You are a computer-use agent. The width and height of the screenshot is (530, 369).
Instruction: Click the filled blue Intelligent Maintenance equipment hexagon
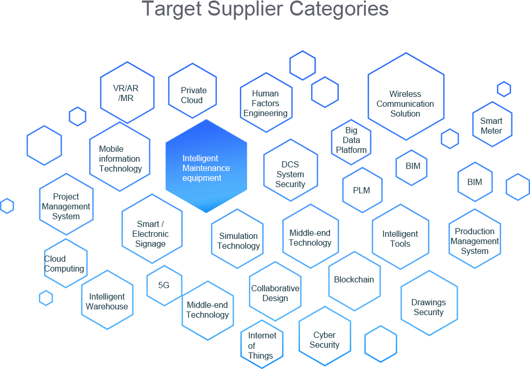tap(206, 167)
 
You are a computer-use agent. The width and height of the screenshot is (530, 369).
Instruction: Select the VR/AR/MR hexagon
tap(127, 93)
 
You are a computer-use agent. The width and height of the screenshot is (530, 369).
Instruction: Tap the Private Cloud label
tap(193, 95)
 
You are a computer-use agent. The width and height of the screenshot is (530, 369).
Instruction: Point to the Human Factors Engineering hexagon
tap(266, 103)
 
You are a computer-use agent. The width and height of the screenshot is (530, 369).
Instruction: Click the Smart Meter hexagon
tap(492, 125)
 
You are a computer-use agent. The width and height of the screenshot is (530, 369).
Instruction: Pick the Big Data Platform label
tap(351, 140)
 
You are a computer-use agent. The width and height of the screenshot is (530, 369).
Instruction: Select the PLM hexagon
tap(362, 190)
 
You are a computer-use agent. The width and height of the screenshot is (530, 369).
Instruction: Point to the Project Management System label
tap(66, 206)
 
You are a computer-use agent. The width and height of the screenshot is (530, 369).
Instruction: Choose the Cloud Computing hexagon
tap(65, 263)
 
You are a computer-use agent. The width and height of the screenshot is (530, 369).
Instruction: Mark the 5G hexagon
tap(164, 285)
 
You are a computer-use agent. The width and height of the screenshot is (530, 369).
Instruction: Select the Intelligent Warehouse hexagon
tap(107, 301)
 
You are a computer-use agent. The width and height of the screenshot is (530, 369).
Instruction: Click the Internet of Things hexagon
tap(262, 345)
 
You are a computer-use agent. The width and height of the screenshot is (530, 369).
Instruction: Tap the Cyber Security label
tap(324, 340)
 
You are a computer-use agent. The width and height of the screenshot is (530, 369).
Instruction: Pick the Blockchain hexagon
tap(354, 280)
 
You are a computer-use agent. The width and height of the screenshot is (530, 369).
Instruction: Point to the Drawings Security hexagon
tap(429, 307)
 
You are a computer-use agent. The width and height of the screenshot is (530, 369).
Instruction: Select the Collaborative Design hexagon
tap(275, 293)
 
